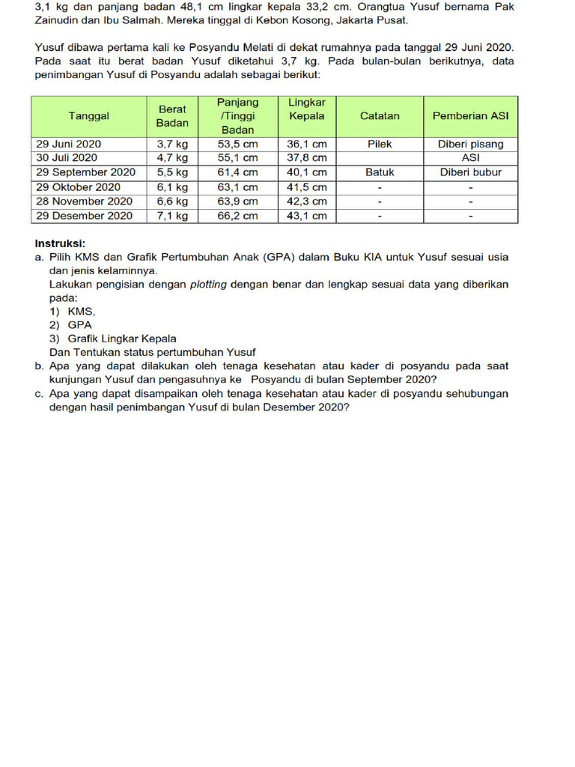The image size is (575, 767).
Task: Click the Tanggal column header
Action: tap(88, 116)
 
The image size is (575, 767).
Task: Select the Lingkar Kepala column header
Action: tap(306, 109)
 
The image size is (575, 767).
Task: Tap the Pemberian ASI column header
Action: tap(470, 116)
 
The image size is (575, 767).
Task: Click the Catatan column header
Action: tap(380, 116)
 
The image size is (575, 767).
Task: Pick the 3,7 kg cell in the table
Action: tap(172, 144)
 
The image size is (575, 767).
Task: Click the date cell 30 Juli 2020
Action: tap(67, 158)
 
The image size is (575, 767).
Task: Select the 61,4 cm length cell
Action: tap(237, 172)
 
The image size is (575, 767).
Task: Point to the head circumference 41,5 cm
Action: tap(306, 187)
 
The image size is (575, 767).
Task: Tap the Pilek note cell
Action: tap(380, 144)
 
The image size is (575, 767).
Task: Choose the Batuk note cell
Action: tap(380, 172)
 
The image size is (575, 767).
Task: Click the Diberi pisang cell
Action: tap(470, 144)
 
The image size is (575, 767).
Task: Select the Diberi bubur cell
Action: tap(470, 172)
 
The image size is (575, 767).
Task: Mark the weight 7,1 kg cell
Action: tap(172, 216)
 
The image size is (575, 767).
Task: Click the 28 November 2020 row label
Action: tap(84, 201)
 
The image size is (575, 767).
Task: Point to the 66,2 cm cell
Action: tap(237, 216)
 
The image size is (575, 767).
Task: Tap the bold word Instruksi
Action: tap(60, 243)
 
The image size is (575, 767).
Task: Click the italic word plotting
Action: tap(208, 285)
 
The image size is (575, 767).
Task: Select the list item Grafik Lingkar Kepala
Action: tap(122, 339)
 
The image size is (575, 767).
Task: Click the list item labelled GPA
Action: tap(79, 325)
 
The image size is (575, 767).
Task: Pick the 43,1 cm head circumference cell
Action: tap(306, 216)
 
